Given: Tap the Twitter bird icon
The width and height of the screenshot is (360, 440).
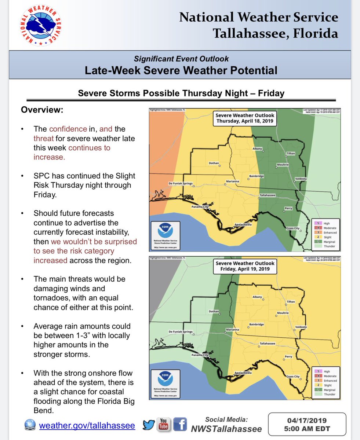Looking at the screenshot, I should coord(149,424).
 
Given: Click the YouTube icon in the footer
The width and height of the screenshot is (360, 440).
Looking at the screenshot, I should coord(163,424).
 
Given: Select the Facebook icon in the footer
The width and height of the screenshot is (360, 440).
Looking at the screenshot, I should coord(179,424).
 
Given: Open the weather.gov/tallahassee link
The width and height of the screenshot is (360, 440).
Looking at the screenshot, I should coord(87,425).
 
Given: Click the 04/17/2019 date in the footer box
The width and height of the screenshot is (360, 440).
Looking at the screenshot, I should coord(307,421).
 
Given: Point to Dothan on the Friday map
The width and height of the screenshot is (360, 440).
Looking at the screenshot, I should coord(214,312).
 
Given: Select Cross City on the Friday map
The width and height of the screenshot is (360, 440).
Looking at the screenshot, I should coord(293,377).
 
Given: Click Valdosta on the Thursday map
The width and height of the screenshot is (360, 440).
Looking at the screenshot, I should coord(301,179).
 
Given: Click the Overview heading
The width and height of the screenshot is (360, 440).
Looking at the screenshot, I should coord(42,110).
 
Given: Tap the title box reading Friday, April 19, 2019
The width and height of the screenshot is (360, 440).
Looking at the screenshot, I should coord(245,266).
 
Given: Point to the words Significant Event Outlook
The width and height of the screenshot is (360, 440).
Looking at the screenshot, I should coord(181,59).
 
